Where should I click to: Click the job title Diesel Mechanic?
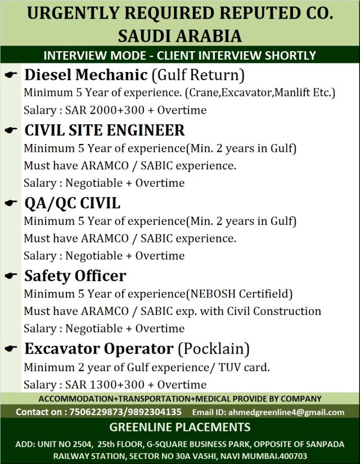pyautogui.click(x=86, y=74)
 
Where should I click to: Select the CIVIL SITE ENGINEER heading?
pyautogui.click(x=105, y=130)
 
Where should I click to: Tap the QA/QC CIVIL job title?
pyautogui.click(x=72, y=203)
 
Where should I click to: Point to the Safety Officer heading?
pyautogui.click(x=75, y=276)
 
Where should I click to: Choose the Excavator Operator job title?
pyautogui.click(x=98, y=349)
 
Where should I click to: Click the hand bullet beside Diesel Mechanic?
pyautogui.click(x=11, y=75)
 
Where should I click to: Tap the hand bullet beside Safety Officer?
pyautogui.click(x=11, y=277)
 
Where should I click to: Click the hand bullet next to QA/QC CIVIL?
pyautogui.click(x=11, y=204)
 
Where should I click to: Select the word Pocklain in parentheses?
pyautogui.click(x=213, y=349)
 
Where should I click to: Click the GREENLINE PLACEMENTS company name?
pyautogui.click(x=180, y=427)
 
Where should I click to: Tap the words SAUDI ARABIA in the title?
pyautogui.click(x=180, y=36)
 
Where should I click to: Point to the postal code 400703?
pyautogui.click(x=292, y=456)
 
